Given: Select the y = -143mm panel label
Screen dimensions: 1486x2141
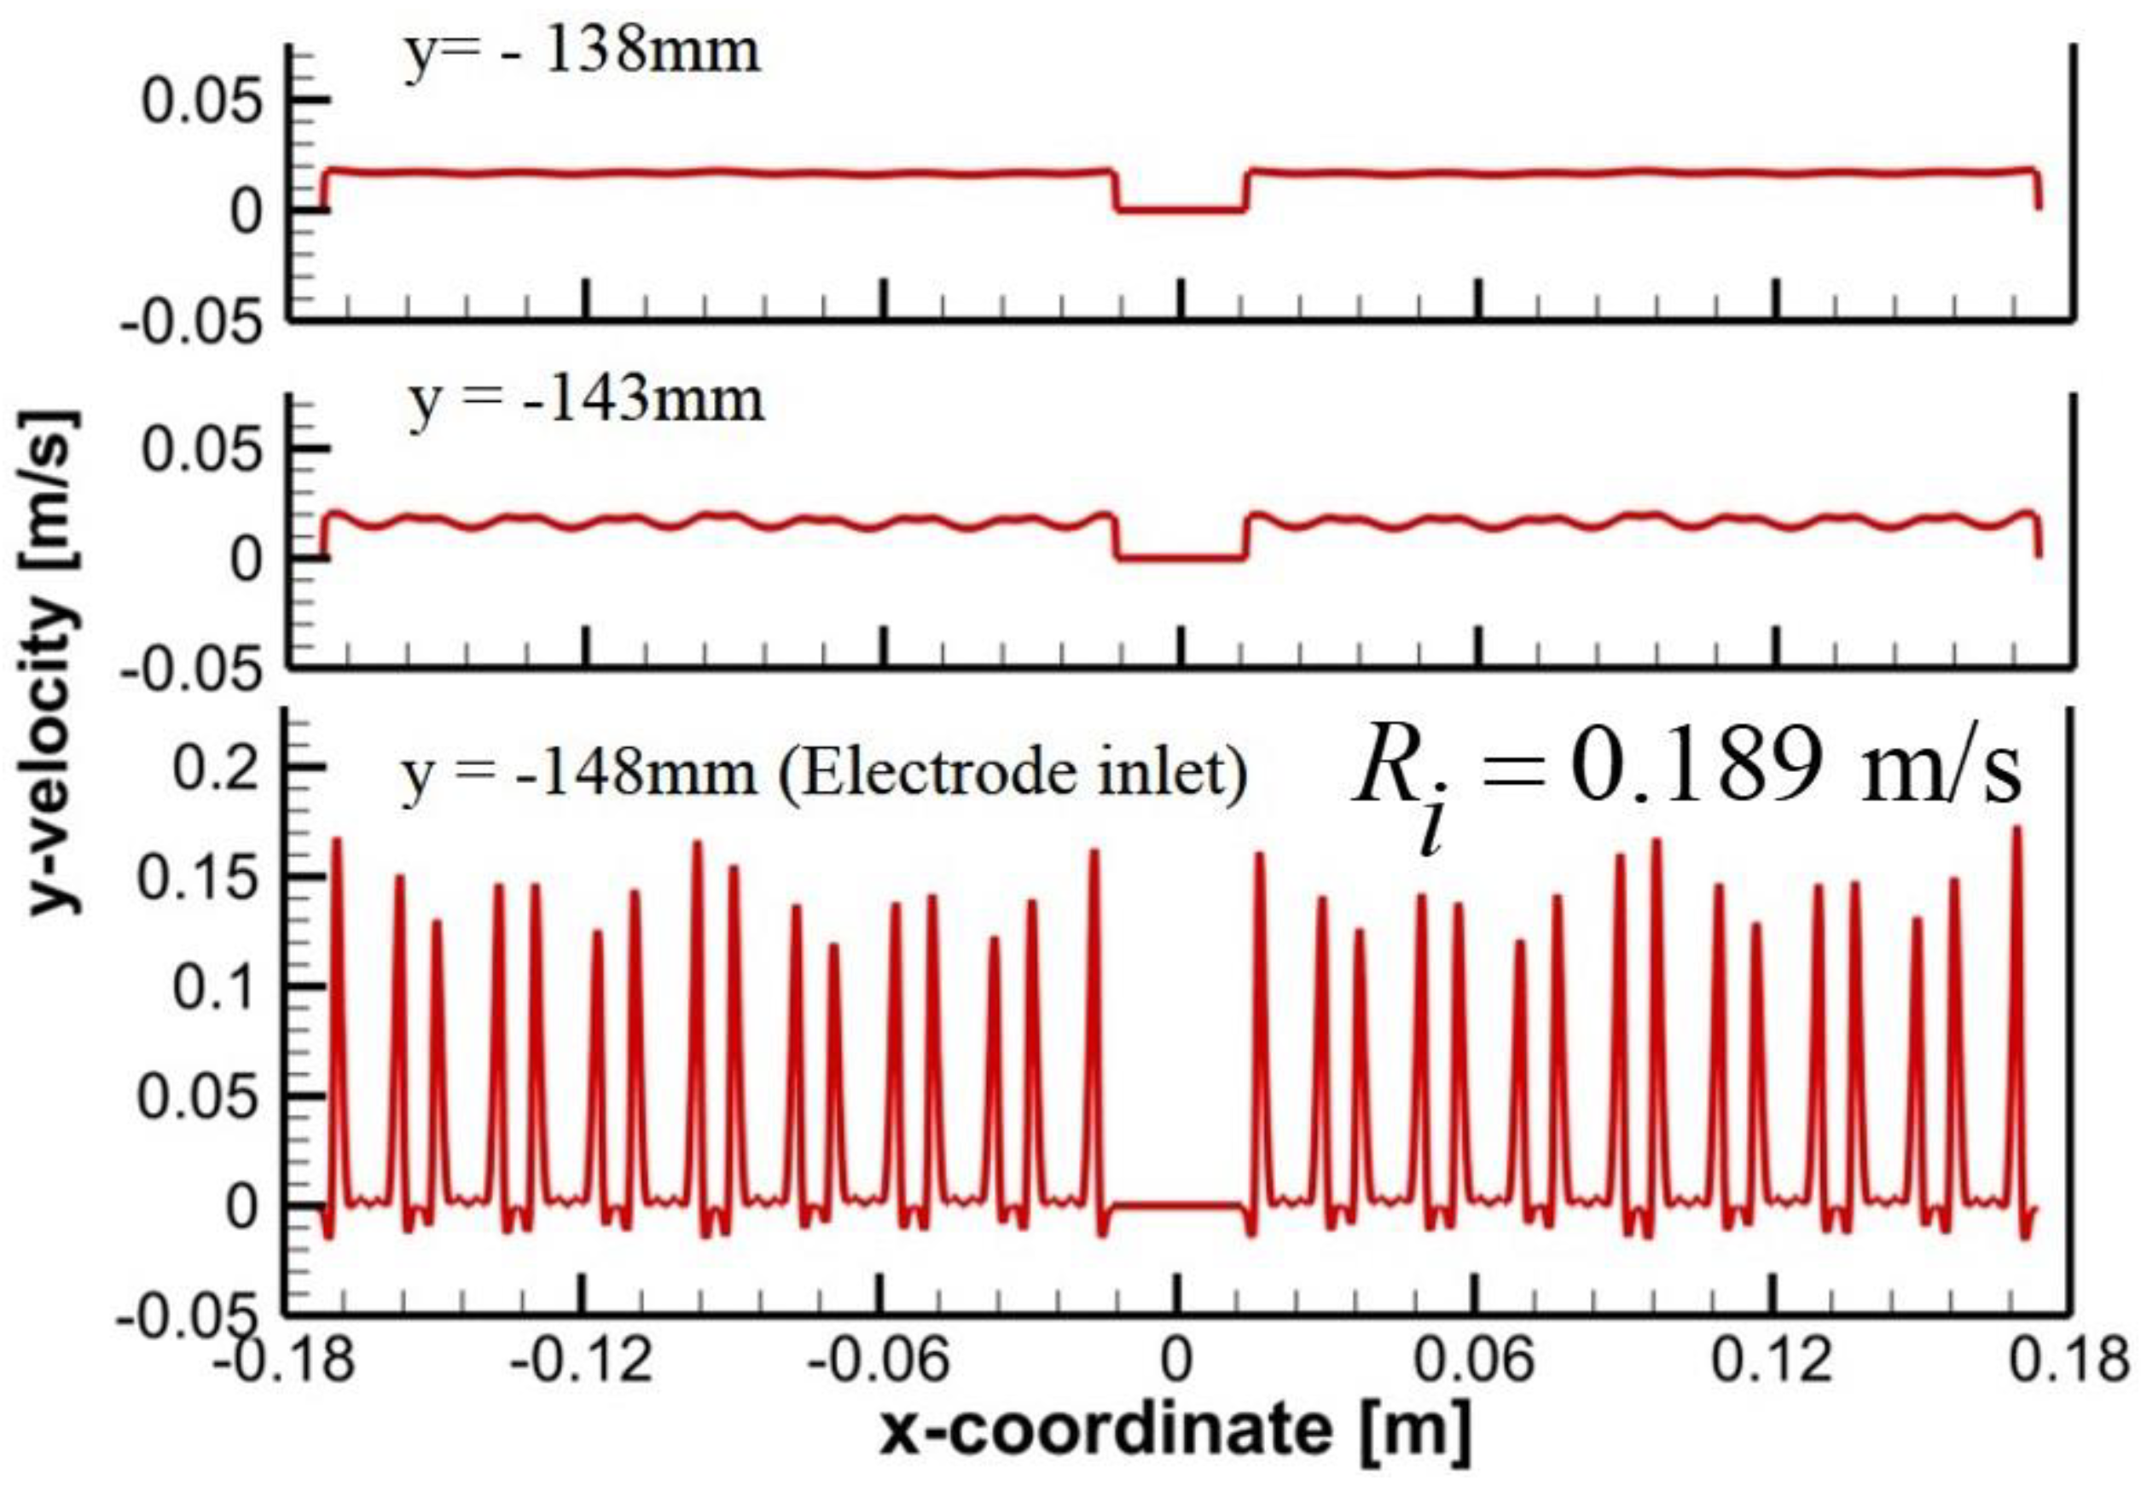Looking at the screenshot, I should pos(587,401).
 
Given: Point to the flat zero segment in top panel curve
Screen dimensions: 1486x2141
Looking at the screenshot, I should pos(1181,211).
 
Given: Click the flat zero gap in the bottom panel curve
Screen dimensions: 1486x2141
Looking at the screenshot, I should pos(1179,1207).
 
